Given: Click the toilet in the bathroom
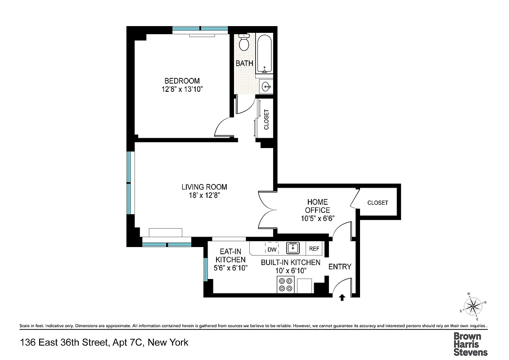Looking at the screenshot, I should point(244,43).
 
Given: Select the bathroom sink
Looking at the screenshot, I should point(266,86).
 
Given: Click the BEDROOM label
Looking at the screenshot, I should point(182,81).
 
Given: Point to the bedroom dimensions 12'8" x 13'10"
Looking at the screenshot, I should point(182,90).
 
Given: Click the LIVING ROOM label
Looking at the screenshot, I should point(204,187).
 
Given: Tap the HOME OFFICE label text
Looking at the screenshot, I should point(317,206).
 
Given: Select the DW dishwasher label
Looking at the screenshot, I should point(272,249).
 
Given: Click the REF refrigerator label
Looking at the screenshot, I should point(314,249).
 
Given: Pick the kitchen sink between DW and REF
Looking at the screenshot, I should point(293,248).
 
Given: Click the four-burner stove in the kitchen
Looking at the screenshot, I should point(285,285).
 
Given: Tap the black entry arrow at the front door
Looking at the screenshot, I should point(342,297).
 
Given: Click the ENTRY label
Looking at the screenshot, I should point(339,267).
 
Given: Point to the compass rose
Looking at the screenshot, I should point(472,307).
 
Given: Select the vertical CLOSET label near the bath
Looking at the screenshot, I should point(266,120).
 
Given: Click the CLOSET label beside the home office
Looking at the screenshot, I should point(378,202).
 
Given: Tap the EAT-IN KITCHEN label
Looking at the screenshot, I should point(230,256).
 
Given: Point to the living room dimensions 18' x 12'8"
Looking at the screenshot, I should point(204,195).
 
